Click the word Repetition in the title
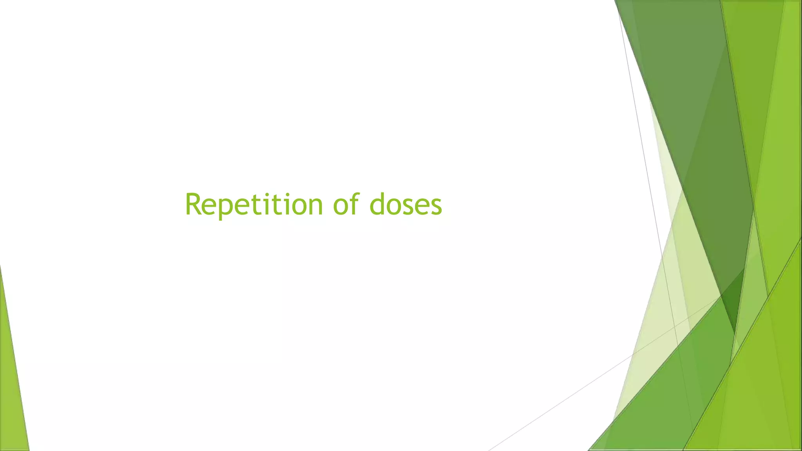click(253, 204)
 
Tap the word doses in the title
click(406, 204)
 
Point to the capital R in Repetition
click(193, 204)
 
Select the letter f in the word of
click(354, 203)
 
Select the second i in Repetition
click(288, 205)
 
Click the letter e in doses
click(422, 206)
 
